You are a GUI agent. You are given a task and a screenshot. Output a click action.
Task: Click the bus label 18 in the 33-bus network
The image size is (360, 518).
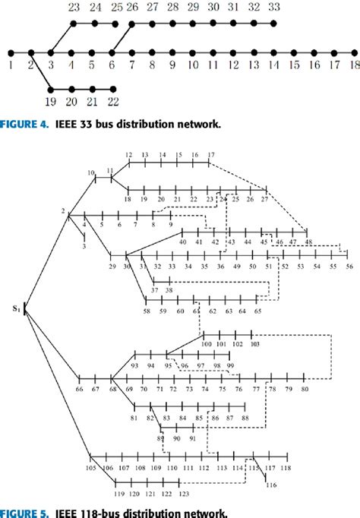point(352,67)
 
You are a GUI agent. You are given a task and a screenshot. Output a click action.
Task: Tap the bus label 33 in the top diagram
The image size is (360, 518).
point(273,7)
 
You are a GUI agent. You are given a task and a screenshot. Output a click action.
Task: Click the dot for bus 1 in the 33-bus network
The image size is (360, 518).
point(11,53)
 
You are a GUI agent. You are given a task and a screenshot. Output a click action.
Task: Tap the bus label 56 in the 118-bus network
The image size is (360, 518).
point(350,267)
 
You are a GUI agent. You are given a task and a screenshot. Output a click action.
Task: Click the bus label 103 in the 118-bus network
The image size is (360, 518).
point(254,344)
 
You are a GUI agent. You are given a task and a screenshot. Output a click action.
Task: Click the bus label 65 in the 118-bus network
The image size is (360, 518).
point(258,311)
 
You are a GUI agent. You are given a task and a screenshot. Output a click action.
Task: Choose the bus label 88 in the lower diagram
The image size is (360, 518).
point(245,419)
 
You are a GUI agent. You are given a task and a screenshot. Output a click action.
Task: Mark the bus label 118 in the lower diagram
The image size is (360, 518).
point(286,468)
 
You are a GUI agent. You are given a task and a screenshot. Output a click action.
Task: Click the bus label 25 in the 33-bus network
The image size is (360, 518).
point(116,7)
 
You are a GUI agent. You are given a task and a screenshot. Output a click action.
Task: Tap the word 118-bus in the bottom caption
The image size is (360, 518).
point(73,510)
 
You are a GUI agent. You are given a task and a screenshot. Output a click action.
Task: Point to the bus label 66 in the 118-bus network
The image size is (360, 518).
point(80,389)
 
